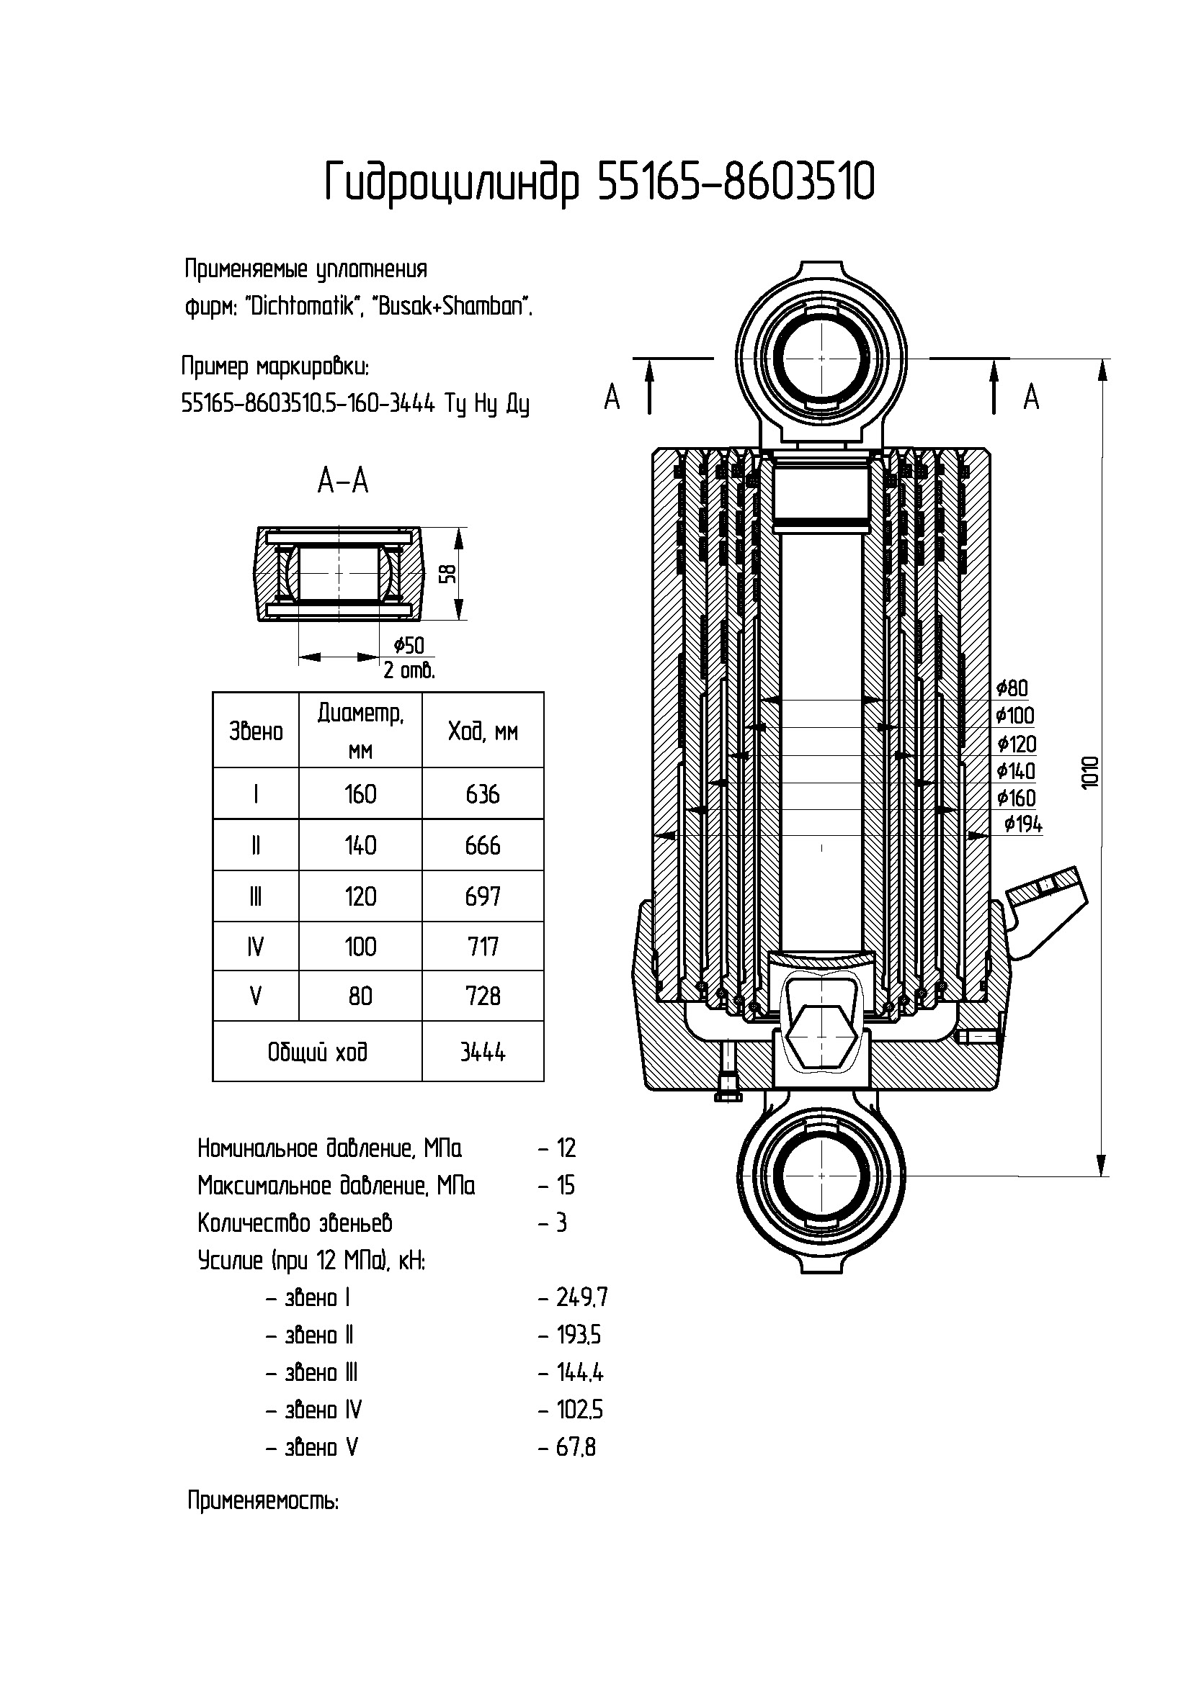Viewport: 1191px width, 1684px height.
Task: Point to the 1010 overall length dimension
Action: tap(1090, 772)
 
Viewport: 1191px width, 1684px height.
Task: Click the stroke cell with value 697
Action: tap(482, 896)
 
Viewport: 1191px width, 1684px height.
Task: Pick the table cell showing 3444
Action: tap(482, 1052)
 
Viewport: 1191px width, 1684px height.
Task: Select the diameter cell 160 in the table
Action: tap(360, 794)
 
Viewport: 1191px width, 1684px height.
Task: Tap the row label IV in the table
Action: tap(255, 947)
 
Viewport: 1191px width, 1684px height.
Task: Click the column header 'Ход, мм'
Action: tap(482, 731)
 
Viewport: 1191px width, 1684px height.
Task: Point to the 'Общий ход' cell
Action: tap(317, 1052)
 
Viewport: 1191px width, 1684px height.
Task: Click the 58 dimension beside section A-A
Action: tap(450, 573)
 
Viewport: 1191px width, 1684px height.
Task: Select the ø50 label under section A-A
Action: tap(409, 645)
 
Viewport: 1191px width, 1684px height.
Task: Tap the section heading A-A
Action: tap(343, 481)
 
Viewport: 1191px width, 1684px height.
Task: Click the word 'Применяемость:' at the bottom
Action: tap(264, 1500)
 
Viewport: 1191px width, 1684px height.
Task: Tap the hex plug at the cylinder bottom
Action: tap(821, 1036)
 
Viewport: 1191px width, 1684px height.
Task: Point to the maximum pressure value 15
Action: tap(566, 1185)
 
